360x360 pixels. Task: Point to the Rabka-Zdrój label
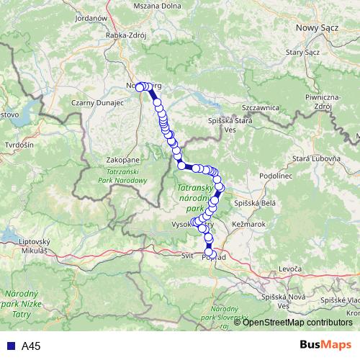click(x=127, y=34)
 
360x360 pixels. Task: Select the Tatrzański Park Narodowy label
click(x=117, y=178)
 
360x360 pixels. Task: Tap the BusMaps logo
click(x=325, y=346)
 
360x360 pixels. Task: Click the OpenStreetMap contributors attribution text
click(x=297, y=323)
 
